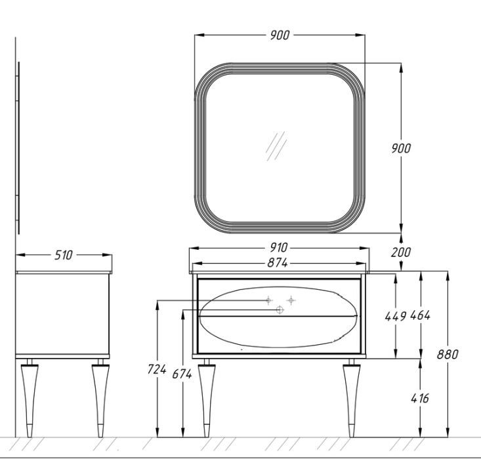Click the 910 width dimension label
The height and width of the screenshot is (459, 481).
tap(278, 247)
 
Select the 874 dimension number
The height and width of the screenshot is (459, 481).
tap(278, 263)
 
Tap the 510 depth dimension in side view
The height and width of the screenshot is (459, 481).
tap(64, 255)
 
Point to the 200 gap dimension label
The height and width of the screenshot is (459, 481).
tap(401, 252)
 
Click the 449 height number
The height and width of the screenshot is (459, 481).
tap(396, 317)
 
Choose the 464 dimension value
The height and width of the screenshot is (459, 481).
tap(420, 315)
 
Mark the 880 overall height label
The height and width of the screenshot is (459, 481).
tap(448, 355)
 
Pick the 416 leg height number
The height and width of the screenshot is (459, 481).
tap(420, 398)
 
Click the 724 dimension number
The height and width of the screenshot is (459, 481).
tap(157, 369)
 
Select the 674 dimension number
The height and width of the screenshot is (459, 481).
tap(182, 374)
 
